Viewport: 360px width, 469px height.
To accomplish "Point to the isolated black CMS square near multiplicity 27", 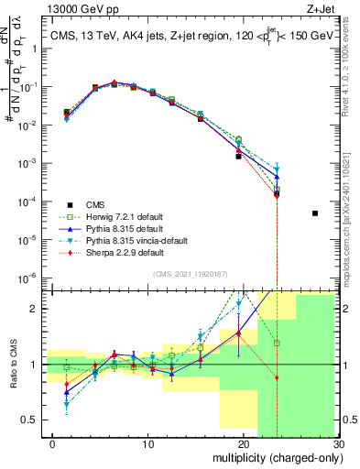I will [314, 213].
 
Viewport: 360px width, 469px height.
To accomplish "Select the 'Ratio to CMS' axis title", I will [14, 364].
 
